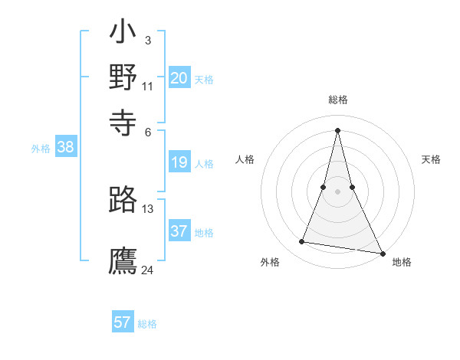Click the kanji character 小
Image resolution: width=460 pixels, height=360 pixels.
(x=123, y=35)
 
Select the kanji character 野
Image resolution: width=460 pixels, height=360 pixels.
(x=123, y=77)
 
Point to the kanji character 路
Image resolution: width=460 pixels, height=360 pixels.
(x=123, y=200)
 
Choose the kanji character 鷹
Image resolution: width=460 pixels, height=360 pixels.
(x=123, y=260)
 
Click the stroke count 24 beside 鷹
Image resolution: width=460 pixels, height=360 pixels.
(x=148, y=269)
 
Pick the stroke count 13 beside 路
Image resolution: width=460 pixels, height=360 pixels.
(x=148, y=208)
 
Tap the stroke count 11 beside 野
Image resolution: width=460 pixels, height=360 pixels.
(x=148, y=86)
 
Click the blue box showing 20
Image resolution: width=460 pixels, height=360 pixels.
(x=179, y=78)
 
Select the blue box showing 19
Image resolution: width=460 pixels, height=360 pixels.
(x=179, y=162)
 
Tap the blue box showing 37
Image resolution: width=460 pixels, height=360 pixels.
(x=179, y=231)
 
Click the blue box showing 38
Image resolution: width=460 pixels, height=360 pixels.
(x=65, y=148)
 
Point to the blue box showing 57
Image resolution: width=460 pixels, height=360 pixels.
(x=123, y=322)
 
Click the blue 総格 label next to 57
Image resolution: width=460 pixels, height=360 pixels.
(x=147, y=324)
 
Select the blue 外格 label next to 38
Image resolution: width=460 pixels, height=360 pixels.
(x=41, y=149)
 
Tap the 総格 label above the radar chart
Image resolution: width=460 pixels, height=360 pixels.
(x=337, y=100)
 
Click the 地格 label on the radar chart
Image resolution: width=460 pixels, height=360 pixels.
(x=402, y=263)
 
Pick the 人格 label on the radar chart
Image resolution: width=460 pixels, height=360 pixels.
(x=245, y=159)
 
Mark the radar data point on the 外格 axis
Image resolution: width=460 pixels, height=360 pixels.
(x=301, y=242)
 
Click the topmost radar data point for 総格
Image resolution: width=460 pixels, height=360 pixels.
(x=337, y=129)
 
